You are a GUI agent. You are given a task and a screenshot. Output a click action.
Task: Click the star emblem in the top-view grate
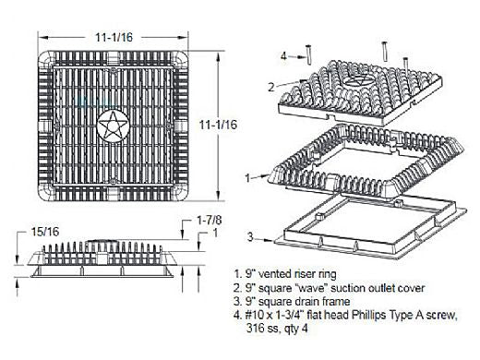click(113, 126)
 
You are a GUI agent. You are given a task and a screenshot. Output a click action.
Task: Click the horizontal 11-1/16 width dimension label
click(114, 37)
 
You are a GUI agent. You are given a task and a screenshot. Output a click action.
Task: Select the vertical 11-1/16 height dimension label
click(218, 125)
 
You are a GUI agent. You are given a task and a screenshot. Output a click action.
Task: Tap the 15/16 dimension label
click(45, 232)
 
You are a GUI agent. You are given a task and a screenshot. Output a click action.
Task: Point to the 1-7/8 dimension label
click(209, 221)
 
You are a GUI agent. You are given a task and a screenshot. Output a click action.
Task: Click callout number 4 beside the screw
click(283, 56)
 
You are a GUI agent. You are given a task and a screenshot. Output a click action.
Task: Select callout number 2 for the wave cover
click(270, 87)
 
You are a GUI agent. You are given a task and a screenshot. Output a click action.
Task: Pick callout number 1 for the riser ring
click(247, 177)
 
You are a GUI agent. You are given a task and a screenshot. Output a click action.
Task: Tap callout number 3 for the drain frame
click(250, 237)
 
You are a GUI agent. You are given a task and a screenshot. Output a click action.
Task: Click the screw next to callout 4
click(308, 55)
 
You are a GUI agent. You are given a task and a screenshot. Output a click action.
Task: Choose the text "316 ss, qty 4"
click(277, 329)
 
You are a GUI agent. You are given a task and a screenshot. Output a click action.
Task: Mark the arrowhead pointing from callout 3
click(270, 240)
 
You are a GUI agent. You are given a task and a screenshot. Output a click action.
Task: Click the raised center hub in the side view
click(102, 243)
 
